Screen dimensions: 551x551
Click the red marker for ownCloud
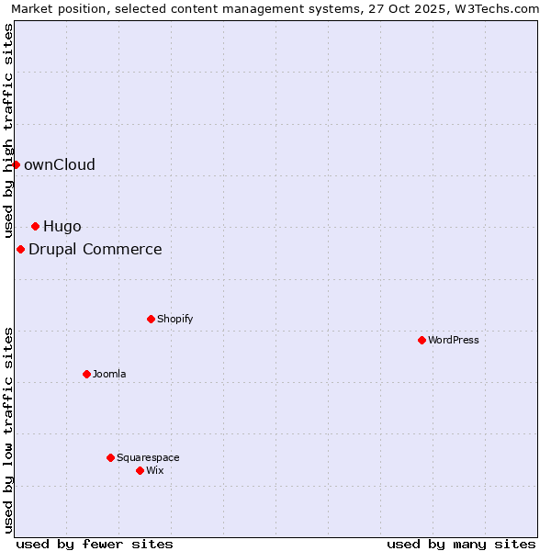coord(16,164)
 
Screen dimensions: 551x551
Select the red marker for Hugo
coord(35,226)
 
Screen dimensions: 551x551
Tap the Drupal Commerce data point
coord(20,249)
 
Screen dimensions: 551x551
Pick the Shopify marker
coord(151,319)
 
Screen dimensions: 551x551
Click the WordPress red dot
coord(422,340)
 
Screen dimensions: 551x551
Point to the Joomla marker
coord(86,374)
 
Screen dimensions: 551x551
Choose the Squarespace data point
coord(110,457)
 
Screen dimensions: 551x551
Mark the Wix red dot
coord(140,470)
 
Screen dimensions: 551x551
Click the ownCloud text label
coord(60,165)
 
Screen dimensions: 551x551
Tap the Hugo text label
coord(62,227)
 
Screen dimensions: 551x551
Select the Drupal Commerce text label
coord(96,250)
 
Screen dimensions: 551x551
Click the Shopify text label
coord(175,320)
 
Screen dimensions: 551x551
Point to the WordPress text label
coord(454,341)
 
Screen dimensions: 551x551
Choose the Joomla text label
coord(109,375)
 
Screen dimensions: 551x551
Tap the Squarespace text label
coord(148,458)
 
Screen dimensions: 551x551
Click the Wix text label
coord(155,471)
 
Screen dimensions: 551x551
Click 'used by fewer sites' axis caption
coord(95,544)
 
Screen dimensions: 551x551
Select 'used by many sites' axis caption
coord(461,544)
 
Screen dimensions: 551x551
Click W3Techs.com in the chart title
coord(496,9)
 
